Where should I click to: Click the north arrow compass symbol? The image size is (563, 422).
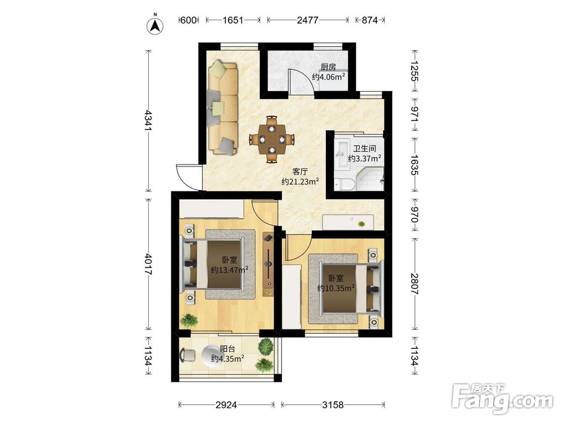click(155, 25)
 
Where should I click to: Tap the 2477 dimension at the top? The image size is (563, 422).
click(308, 20)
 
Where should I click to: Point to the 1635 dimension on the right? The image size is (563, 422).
click(415, 165)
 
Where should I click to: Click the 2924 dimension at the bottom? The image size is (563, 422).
click(226, 405)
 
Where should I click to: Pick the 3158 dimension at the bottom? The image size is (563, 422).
click(333, 405)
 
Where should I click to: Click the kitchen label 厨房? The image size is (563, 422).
click(329, 67)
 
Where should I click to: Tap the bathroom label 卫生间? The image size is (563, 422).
click(364, 149)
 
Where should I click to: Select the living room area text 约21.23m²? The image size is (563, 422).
click(301, 182)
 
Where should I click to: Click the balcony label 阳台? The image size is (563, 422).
click(227, 349)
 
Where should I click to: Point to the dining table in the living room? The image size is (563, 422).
click(272, 139)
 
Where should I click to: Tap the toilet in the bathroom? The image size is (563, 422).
click(344, 184)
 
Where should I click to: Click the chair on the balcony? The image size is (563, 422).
click(187, 355)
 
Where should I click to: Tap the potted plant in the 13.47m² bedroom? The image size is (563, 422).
click(189, 320)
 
